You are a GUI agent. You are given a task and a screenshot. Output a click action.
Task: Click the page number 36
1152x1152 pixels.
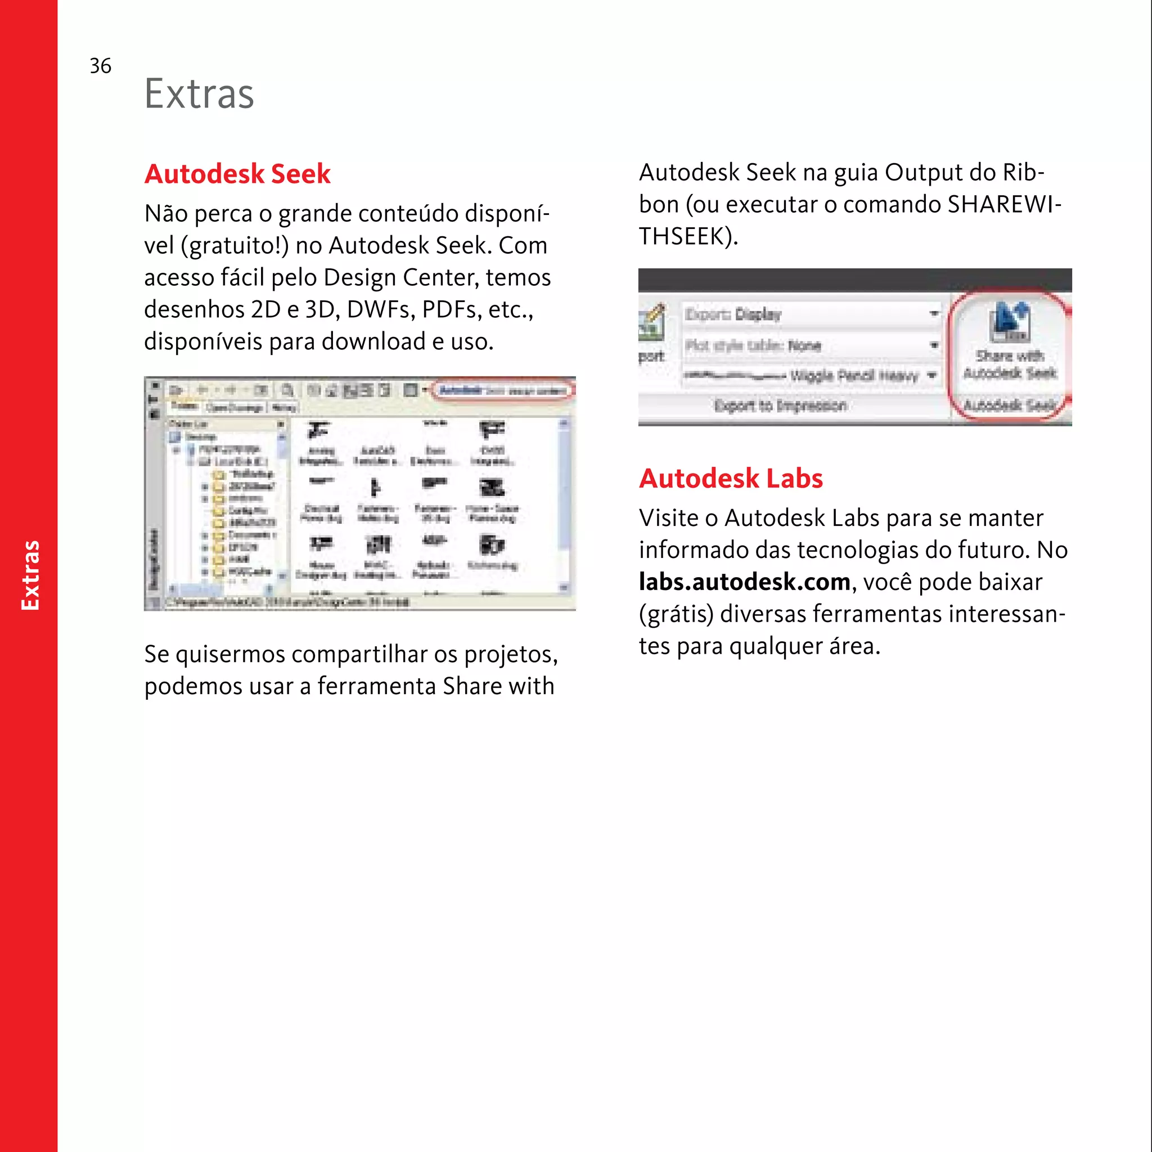point(100,66)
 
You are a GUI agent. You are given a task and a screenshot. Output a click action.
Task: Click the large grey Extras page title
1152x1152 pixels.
point(199,93)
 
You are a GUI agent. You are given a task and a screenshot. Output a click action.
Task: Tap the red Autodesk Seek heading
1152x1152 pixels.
point(237,173)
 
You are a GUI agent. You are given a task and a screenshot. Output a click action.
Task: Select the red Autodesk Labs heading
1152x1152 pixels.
point(731,478)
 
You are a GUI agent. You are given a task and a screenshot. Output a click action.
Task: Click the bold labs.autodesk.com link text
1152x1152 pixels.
point(744,582)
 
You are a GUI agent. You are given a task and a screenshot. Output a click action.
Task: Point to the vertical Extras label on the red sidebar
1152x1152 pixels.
point(30,575)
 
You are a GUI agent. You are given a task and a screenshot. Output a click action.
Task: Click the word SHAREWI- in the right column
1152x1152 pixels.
point(1004,204)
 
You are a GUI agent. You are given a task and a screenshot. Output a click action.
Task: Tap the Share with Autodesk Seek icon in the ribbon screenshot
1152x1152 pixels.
point(1009,322)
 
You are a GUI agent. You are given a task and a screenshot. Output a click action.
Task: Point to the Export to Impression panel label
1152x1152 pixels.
point(780,406)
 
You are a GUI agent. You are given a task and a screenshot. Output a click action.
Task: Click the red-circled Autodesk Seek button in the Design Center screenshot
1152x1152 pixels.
point(503,390)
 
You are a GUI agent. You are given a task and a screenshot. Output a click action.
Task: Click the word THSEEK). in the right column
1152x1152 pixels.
point(688,236)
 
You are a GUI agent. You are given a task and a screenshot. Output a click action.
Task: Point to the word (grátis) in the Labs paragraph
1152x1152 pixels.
point(676,614)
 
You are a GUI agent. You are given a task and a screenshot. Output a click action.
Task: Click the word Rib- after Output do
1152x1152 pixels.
point(1023,172)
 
